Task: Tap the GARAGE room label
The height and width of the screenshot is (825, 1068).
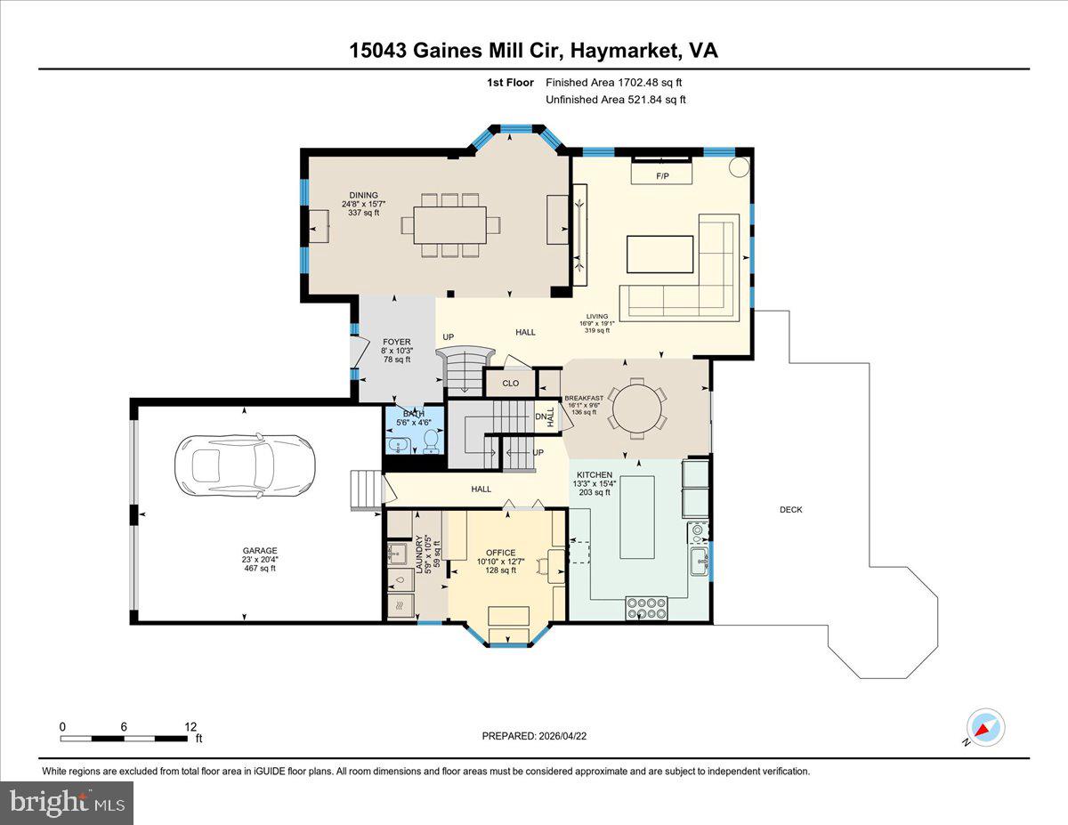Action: tap(259, 551)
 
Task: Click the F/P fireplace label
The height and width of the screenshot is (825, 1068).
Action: tap(662, 176)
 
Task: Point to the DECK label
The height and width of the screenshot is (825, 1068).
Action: tap(790, 510)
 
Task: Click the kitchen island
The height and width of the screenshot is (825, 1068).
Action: tap(637, 517)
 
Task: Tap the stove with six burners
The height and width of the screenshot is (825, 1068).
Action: tap(647, 608)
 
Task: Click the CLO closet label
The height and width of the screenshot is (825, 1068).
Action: tap(510, 384)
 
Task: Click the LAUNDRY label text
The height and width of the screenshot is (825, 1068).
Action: tap(419, 554)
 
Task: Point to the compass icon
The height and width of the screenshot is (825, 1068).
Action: tap(985, 727)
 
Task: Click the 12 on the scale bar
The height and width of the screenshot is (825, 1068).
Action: tap(190, 726)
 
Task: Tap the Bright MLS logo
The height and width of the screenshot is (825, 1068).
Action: tap(68, 803)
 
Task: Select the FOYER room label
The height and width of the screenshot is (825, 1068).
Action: tap(396, 342)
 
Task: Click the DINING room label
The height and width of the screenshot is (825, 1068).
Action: tap(363, 196)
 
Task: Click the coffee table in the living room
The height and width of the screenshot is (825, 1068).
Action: tap(660, 254)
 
